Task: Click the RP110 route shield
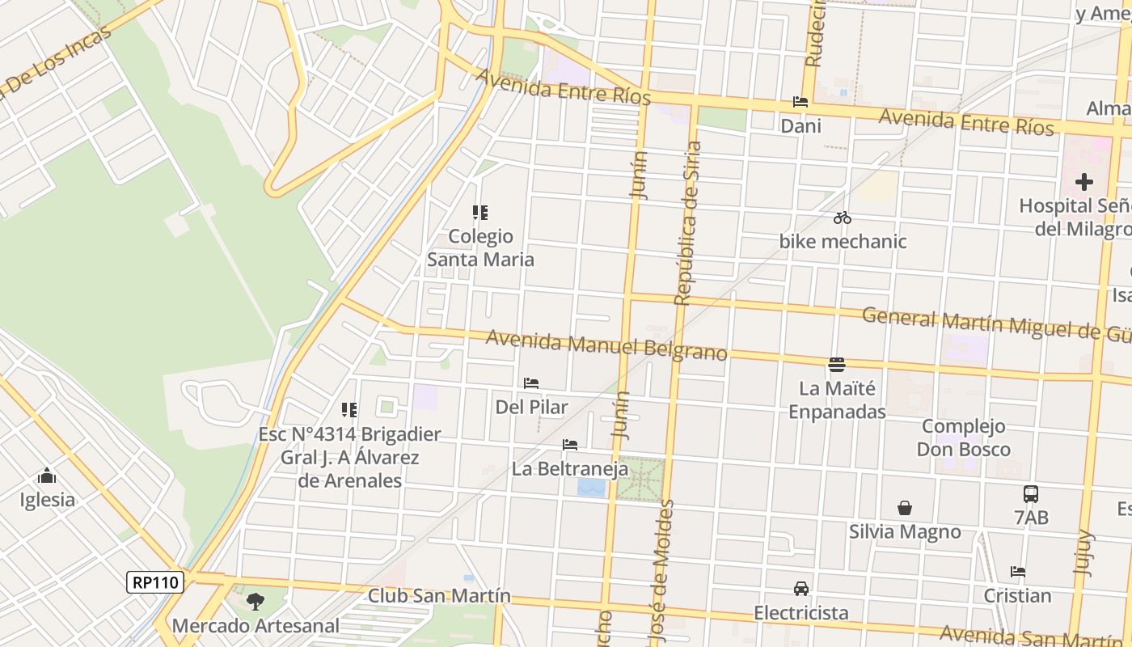click(155, 582)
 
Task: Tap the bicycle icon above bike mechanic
click(843, 218)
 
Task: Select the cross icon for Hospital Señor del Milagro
click(1084, 182)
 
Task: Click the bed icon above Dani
click(800, 102)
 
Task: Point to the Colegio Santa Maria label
click(481, 247)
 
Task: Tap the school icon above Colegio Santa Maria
click(480, 213)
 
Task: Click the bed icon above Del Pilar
click(531, 383)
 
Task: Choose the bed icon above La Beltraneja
click(570, 445)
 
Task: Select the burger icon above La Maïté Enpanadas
click(837, 365)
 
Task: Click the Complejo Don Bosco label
click(964, 438)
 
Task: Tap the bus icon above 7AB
click(1031, 493)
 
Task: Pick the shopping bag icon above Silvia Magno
click(905, 508)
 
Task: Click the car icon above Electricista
click(801, 589)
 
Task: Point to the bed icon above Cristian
click(1018, 572)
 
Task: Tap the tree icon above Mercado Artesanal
click(256, 602)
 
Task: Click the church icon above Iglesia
click(47, 476)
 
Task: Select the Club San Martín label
click(439, 596)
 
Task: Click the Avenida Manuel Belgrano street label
click(606, 345)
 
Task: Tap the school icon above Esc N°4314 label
click(349, 410)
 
